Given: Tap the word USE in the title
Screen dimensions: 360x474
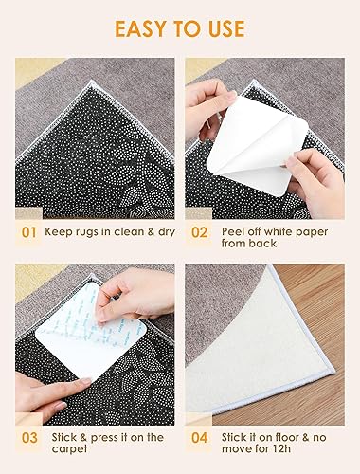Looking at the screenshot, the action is [226, 28].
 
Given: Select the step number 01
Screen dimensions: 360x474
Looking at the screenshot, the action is [28, 232].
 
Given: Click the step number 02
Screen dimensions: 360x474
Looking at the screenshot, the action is [199, 232].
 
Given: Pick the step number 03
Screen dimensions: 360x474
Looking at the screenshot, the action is [29, 438].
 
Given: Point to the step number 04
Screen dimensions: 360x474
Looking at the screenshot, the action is [200, 438].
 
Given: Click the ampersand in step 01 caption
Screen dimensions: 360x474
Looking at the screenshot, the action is [151, 231].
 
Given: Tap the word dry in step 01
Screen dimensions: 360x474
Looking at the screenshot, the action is [167, 232].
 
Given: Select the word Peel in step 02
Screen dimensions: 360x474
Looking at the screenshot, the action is [232, 231].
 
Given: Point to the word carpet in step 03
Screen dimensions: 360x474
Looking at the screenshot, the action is [69, 449].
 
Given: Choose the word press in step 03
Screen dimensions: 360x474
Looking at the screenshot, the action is [104, 438].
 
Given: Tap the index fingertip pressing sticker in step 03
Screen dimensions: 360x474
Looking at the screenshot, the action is [86, 381].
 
